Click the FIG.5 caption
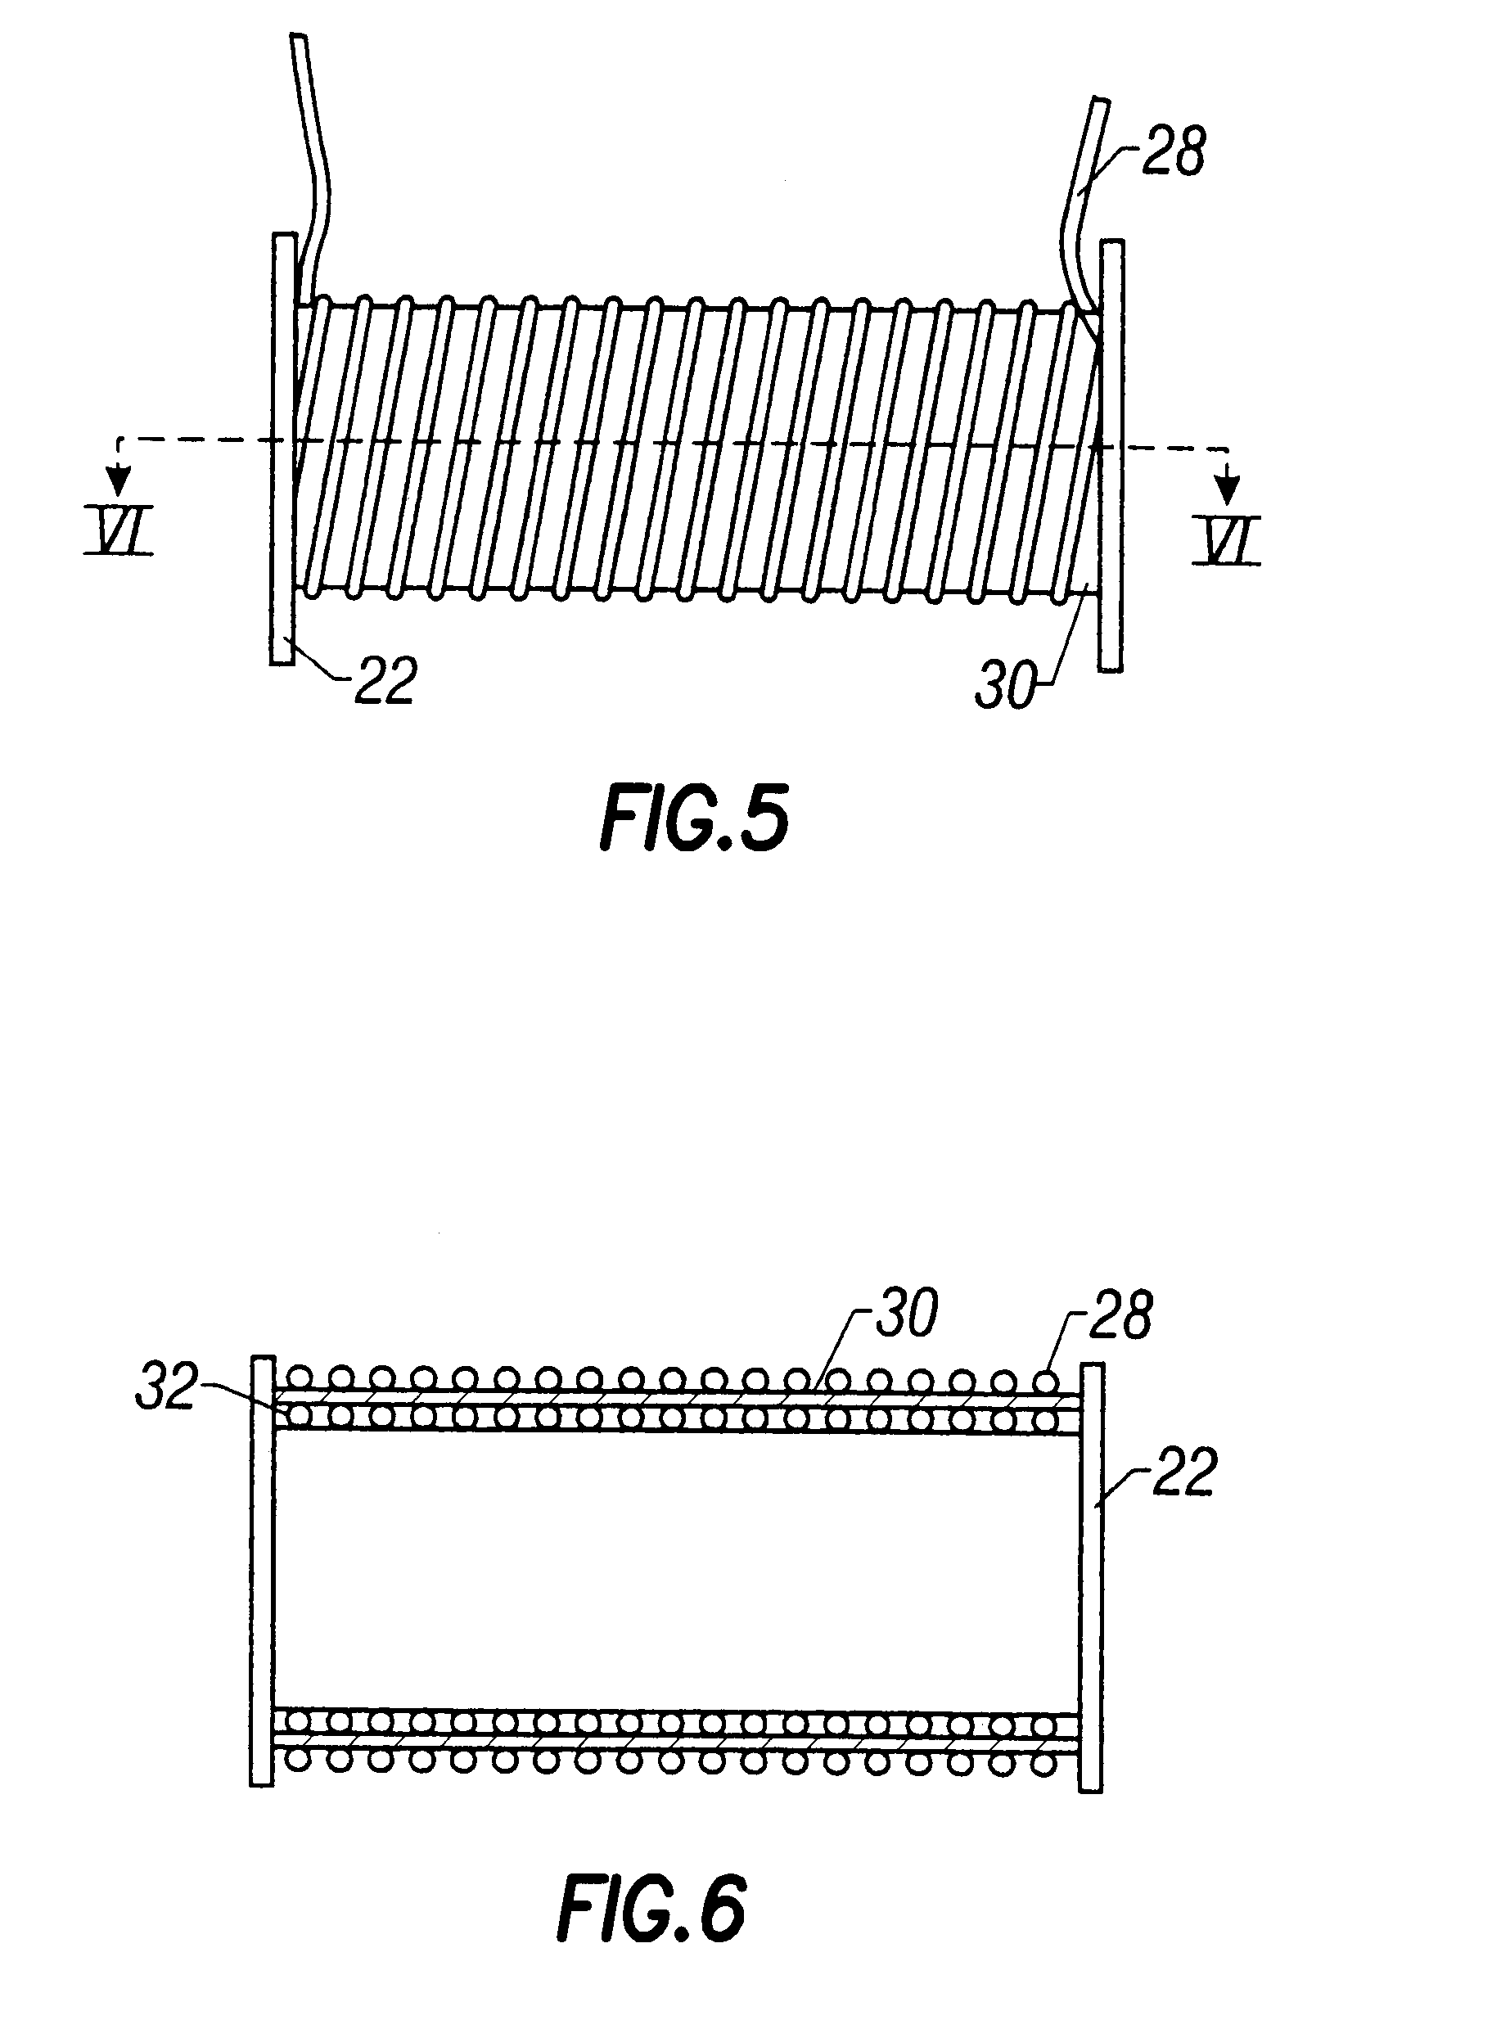tap(693, 818)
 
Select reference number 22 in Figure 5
tap(385, 680)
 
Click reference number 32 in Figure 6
tap(165, 1388)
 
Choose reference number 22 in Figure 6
tap(1185, 1472)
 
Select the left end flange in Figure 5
tap(282, 449)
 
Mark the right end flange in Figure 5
tap(1111, 456)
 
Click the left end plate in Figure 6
tap(261, 1571)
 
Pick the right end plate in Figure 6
tap(1091, 1576)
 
